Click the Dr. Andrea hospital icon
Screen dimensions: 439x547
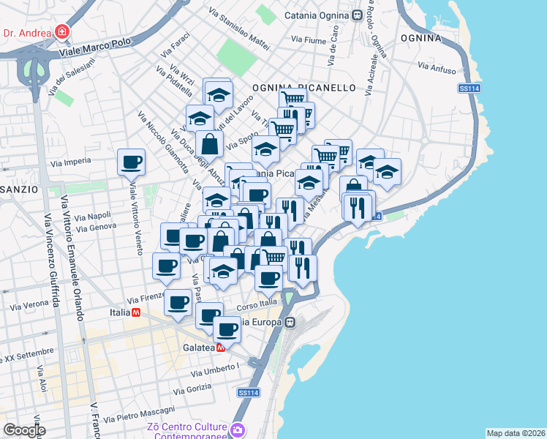(x=62, y=32)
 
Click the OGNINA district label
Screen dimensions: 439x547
(x=420, y=37)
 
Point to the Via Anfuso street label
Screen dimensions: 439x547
(x=437, y=68)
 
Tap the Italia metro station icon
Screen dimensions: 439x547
(x=135, y=312)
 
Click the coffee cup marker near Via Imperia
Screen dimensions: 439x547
(x=132, y=162)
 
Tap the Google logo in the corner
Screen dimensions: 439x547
(x=23, y=429)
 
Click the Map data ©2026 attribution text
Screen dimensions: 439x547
(x=516, y=432)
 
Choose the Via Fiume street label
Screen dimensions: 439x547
(x=308, y=40)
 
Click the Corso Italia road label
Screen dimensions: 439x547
(x=258, y=301)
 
